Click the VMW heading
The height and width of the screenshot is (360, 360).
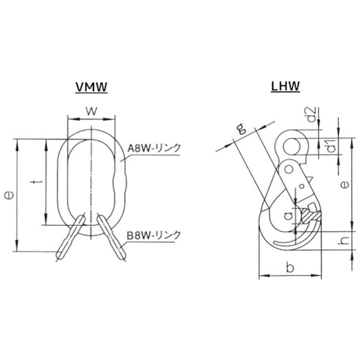pos(91,87)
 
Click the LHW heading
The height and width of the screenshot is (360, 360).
pos(285,86)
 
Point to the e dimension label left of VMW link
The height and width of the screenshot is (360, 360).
pos(9,195)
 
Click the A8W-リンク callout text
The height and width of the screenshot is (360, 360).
pos(154,148)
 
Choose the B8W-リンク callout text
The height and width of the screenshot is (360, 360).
pos(154,235)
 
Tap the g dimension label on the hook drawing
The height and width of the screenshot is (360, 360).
pos(241,129)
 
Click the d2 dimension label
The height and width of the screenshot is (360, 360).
pos(312,115)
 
